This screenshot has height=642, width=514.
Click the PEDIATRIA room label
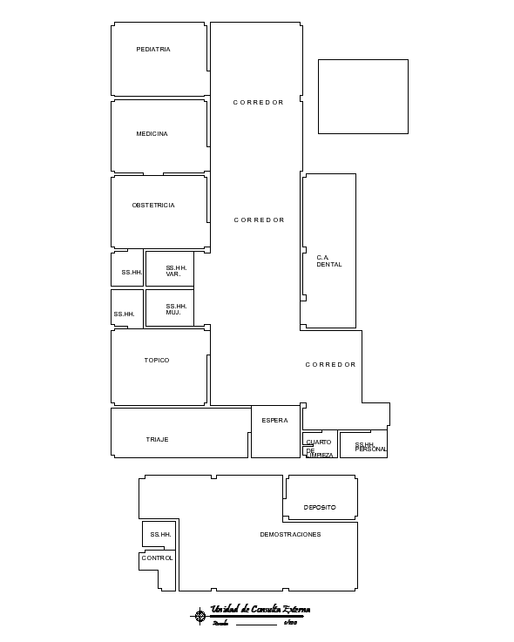153,50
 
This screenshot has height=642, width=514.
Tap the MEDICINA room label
152,134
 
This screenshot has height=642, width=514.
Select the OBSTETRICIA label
153,206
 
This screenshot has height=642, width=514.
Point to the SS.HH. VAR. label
177,271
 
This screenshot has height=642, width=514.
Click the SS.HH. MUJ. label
177,309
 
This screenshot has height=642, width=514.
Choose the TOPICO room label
157,361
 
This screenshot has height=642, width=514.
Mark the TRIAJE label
157,440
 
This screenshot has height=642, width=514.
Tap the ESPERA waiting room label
274,421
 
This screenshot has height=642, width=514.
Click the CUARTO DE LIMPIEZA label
319,449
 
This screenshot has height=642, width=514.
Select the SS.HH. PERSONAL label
369,447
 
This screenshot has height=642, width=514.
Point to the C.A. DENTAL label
329,260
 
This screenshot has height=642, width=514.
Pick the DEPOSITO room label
320,507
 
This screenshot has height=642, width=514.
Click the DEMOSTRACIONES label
290,535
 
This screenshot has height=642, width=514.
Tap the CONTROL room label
158,558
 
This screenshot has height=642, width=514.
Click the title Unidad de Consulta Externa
260,610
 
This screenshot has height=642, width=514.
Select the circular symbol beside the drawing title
200,616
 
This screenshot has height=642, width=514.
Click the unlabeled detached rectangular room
362,97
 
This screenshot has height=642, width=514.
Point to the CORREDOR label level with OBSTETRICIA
259,220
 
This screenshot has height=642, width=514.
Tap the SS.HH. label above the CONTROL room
160,535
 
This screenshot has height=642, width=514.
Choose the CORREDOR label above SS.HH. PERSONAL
330,365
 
